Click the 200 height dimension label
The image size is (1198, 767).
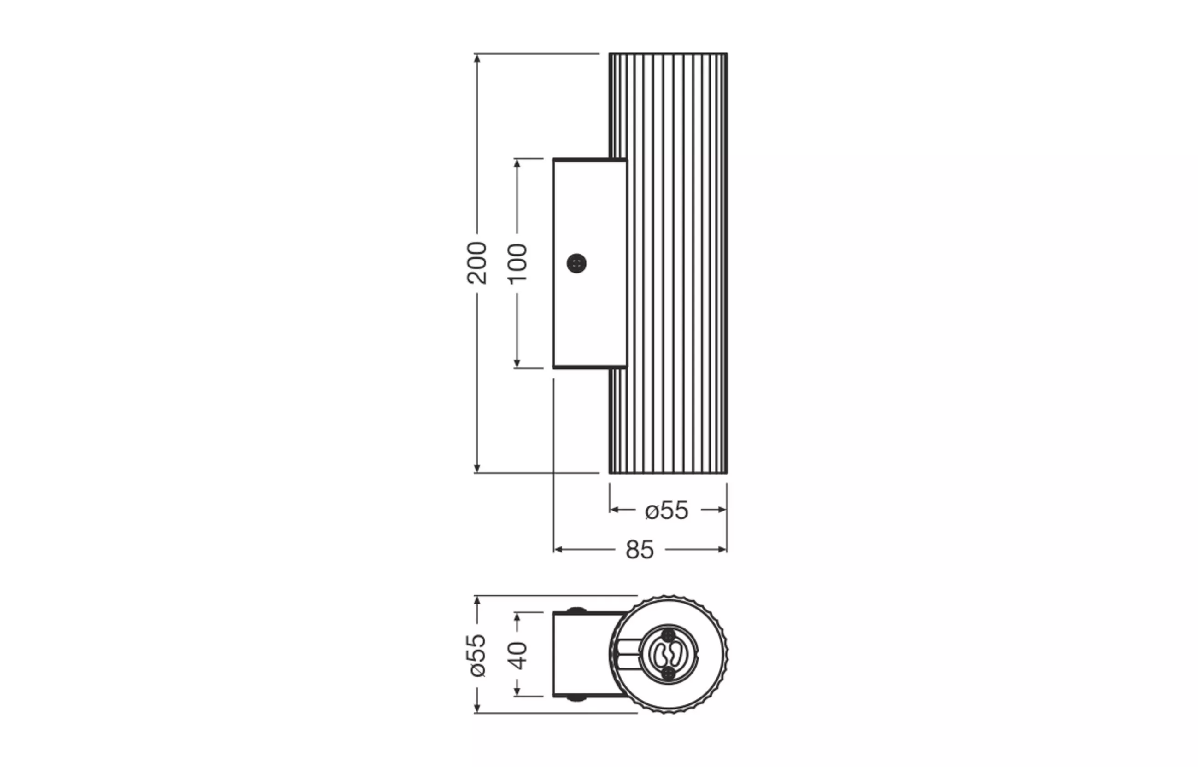(477, 263)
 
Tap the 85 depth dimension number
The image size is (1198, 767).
(640, 550)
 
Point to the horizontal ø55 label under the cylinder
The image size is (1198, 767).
(667, 511)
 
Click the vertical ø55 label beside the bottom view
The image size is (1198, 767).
(477, 655)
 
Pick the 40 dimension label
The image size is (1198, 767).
(517, 656)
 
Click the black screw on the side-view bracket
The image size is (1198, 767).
(576, 263)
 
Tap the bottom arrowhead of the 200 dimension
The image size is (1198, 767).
(477, 468)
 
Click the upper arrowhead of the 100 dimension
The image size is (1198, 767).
(517, 163)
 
